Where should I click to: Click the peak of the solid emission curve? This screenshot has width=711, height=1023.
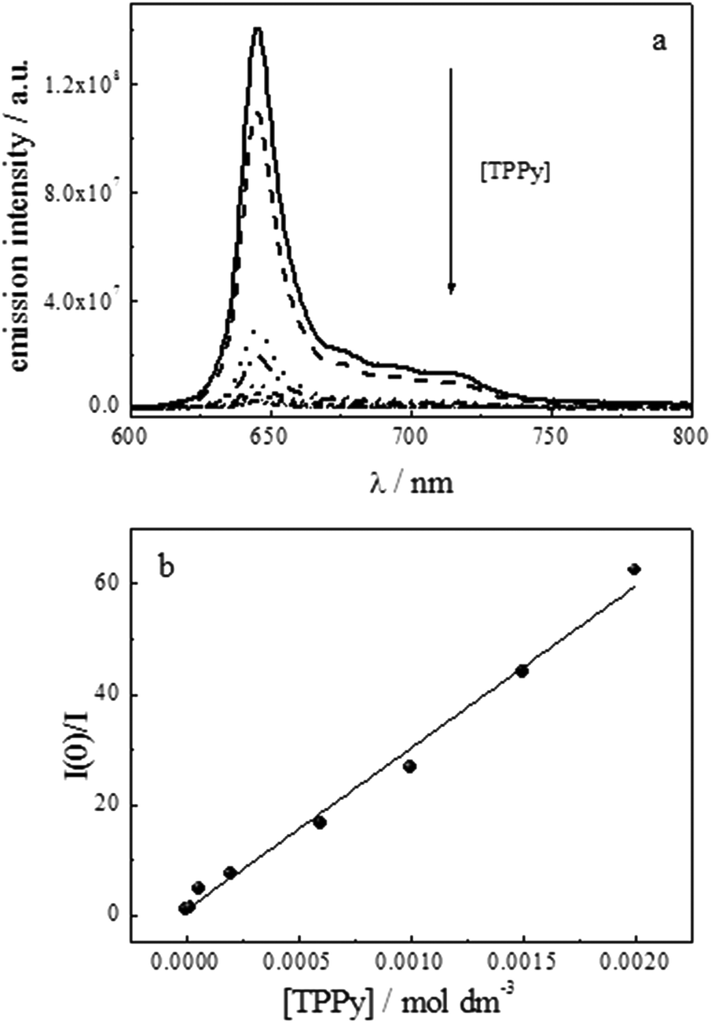[257, 30]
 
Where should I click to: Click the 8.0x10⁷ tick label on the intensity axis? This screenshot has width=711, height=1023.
[82, 192]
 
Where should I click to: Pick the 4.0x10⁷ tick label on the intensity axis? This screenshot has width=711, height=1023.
[82, 301]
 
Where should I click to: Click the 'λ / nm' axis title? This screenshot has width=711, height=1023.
[409, 482]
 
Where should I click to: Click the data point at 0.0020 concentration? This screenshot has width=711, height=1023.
[634, 569]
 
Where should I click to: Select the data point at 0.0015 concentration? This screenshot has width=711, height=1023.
[522, 671]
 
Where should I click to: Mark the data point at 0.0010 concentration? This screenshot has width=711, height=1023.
[409, 766]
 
